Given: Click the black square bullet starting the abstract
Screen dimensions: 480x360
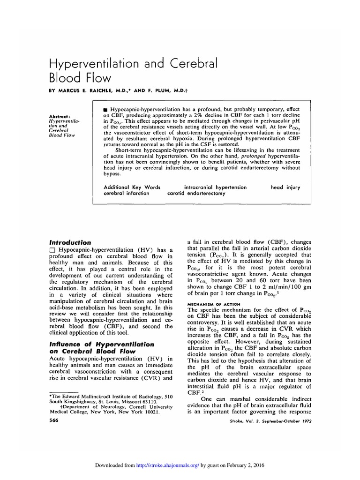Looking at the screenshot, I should [x=105, y=109].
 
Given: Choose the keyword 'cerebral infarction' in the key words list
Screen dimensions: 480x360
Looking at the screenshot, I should [x=126, y=193].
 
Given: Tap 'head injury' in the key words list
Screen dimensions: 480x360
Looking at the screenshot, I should [x=285, y=187].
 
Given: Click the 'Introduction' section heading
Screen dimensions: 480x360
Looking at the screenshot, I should [x=70, y=242].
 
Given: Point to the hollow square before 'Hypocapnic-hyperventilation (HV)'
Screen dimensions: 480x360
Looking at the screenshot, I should [x=52, y=250].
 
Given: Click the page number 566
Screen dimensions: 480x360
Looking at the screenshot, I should [x=53, y=420].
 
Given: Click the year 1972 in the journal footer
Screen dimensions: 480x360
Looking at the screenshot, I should [x=304, y=421].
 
